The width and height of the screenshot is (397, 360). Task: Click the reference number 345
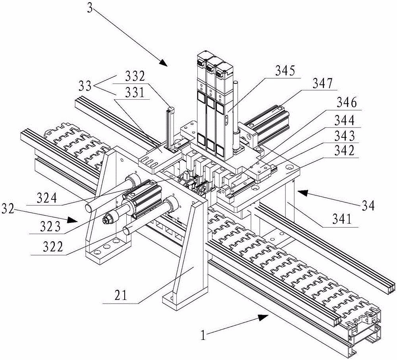pyautogui.click(x=285, y=71)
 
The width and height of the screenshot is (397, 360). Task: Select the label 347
pyautogui.click(x=323, y=83)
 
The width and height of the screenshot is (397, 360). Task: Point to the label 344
pyautogui.click(x=345, y=120)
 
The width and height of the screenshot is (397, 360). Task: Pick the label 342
pyautogui.click(x=345, y=151)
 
